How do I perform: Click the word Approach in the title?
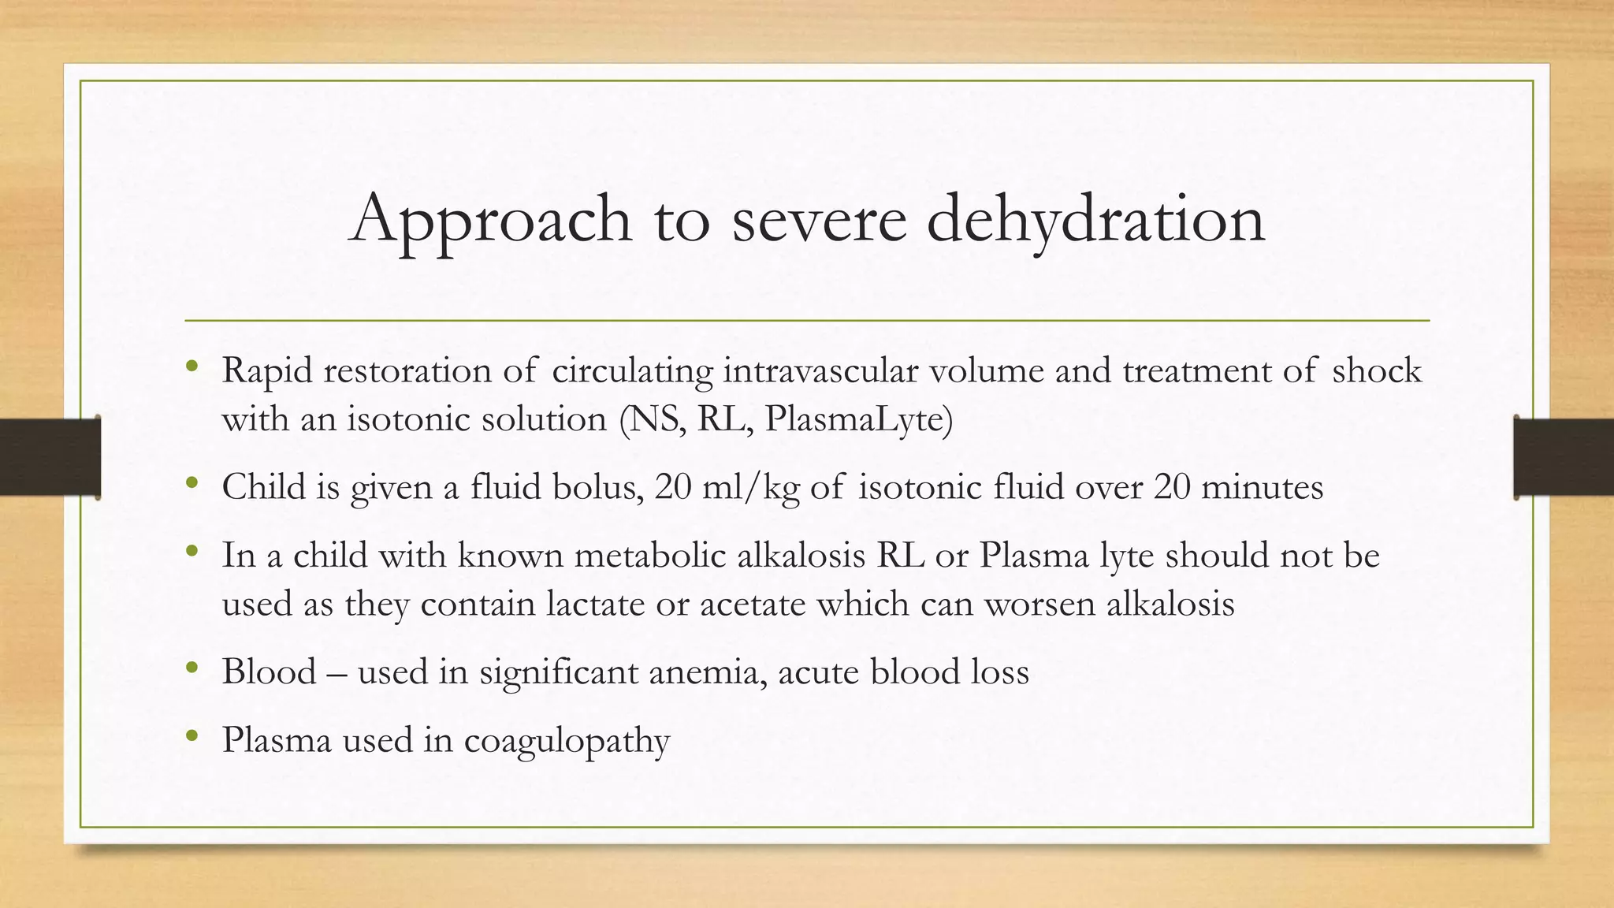pyautogui.click(x=490, y=219)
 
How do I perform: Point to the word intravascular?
pyautogui.click(x=820, y=370)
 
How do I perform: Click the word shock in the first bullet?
pyautogui.click(x=1376, y=370)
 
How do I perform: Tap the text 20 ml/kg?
pyautogui.click(x=726, y=487)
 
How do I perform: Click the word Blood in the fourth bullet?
pyautogui.click(x=269, y=672)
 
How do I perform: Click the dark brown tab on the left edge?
pyautogui.click(x=50, y=457)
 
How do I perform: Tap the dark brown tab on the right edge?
pyautogui.click(x=1564, y=457)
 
